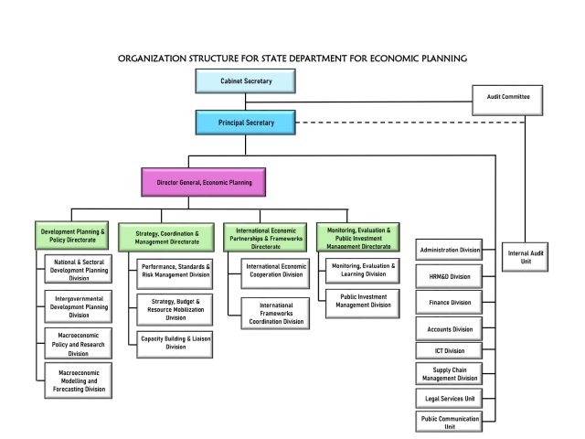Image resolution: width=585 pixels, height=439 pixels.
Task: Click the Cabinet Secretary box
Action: [247, 81]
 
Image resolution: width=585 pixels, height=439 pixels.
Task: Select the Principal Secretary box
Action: [247, 121]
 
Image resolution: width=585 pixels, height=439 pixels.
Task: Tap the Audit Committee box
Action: [506, 96]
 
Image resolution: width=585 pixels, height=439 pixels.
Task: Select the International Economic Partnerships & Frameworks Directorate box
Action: [265, 237]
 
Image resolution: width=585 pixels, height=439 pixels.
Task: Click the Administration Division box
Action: [450, 250]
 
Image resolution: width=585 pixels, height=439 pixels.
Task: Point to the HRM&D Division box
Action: [450, 275]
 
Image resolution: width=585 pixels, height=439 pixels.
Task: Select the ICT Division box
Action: [450, 350]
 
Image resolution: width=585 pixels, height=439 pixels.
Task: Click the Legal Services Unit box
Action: [450, 399]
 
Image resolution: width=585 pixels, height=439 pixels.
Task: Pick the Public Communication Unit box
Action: [450, 422]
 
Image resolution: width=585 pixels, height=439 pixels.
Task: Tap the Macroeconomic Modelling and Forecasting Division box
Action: [78, 380]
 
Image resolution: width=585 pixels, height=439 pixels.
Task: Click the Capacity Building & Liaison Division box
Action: [175, 342]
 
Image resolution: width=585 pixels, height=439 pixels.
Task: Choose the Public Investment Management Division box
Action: [364, 301]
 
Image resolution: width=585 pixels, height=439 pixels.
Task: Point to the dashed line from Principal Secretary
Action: [402, 123]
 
